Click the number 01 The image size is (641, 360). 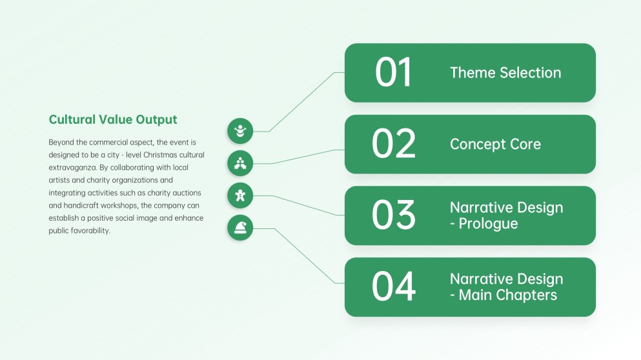(x=393, y=72)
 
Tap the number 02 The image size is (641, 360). (x=393, y=144)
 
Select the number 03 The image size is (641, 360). (x=393, y=215)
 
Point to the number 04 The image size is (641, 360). (x=393, y=287)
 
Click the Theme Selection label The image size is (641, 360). (x=505, y=73)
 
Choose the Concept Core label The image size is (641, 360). (x=495, y=145)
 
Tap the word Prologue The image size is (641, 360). (x=488, y=224)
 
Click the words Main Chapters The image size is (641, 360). (x=508, y=295)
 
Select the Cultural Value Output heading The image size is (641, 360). (x=113, y=120)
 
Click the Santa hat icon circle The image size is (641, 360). (x=240, y=228)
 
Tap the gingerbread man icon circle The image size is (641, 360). (x=240, y=195)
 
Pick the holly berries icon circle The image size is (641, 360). (x=240, y=163)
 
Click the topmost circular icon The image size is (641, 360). (x=240, y=131)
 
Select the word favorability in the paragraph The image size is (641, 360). (x=90, y=231)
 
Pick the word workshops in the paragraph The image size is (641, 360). (x=119, y=206)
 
